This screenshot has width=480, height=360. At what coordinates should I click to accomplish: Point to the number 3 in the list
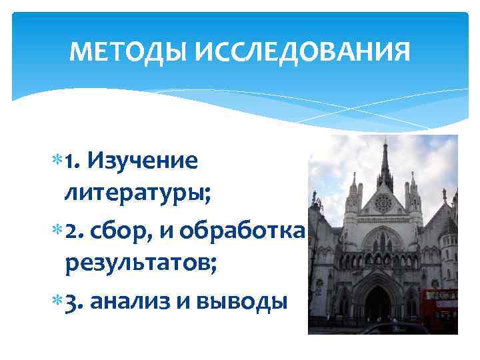pos(71,302)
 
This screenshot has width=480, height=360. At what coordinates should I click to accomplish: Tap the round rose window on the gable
pos(383,202)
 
